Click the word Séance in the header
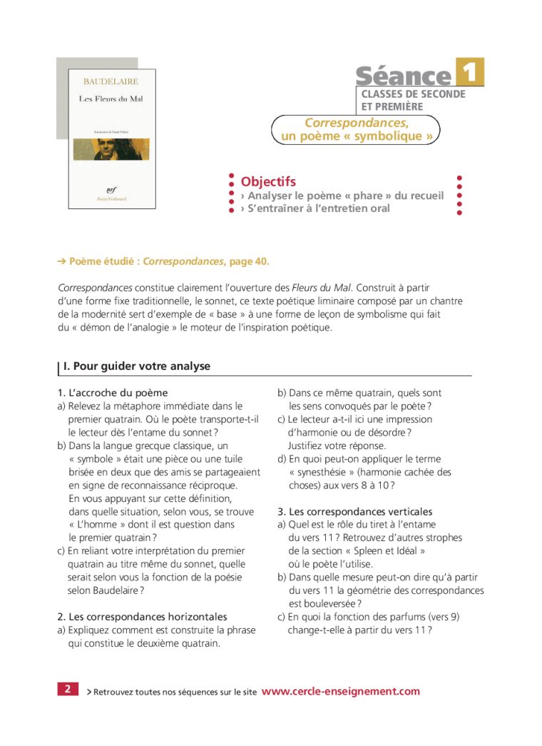click(x=403, y=76)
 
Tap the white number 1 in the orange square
click(x=469, y=72)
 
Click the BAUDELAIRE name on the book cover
click(x=111, y=81)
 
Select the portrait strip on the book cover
click(x=111, y=148)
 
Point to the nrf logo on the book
click(x=111, y=190)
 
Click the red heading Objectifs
click(x=268, y=182)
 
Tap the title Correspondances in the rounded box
click(x=357, y=123)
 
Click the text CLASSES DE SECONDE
click(x=413, y=94)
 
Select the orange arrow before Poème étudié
click(x=61, y=261)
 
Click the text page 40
click(x=250, y=261)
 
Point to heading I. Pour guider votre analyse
click(x=137, y=366)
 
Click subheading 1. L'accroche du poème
click(x=113, y=393)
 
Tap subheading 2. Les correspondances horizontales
click(x=142, y=617)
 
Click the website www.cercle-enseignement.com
click(x=341, y=691)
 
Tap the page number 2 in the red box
click(x=67, y=689)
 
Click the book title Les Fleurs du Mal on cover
click(x=111, y=99)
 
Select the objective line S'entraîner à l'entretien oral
click(x=318, y=208)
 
